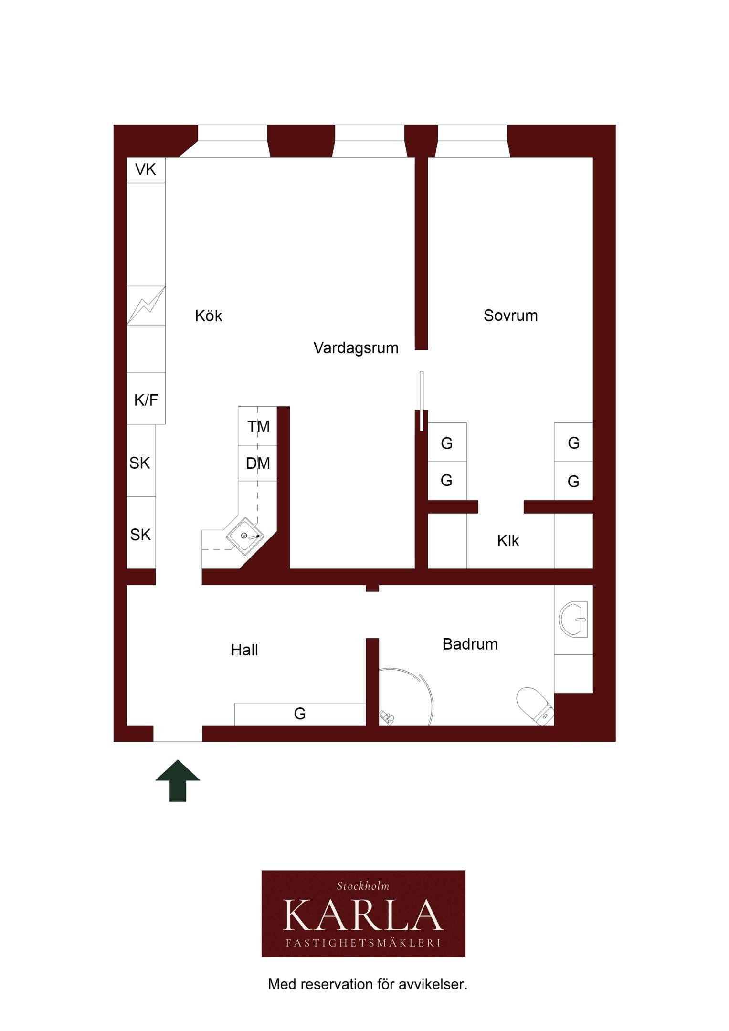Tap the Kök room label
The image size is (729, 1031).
[x=209, y=316]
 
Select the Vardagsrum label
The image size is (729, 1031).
[x=356, y=348]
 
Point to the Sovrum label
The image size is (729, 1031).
[x=510, y=316]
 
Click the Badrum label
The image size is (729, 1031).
[x=470, y=644]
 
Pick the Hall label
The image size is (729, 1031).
[x=244, y=650]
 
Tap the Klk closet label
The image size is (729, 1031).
[x=507, y=541]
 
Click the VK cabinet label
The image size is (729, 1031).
[x=145, y=169]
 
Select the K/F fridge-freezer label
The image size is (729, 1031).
[x=146, y=400]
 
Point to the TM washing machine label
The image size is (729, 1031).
[x=258, y=427]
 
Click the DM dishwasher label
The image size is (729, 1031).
[x=258, y=463]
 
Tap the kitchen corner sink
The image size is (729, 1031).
[x=245, y=536]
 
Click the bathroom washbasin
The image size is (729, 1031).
[x=573, y=619]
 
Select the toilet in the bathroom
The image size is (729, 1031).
[x=535, y=706]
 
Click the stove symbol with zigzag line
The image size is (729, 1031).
[x=146, y=305]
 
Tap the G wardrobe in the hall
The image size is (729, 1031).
[x=300, y=714]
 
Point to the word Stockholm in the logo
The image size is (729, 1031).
[x=363, y=886]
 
